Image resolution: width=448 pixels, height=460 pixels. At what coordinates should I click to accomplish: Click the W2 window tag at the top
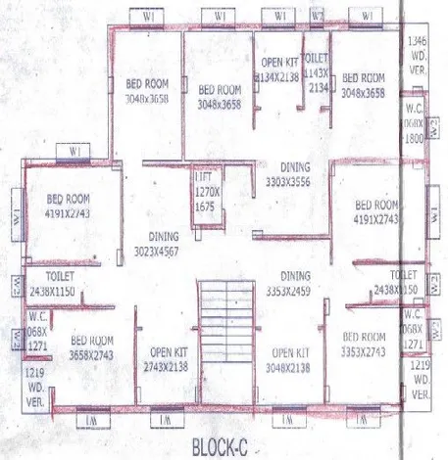pyautogui.click(x=318, y=17)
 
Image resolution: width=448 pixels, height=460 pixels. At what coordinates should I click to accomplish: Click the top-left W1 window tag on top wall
pyautogui.click(x=146, y=17)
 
